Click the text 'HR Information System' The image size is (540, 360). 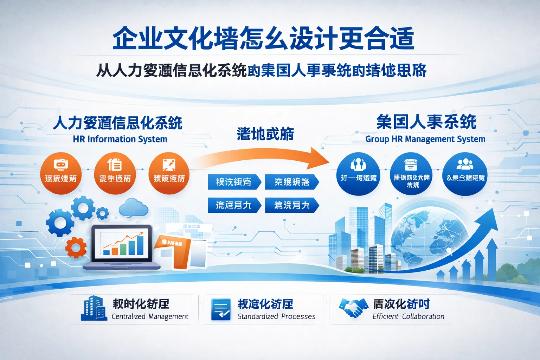pos(120,139)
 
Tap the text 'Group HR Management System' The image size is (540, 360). pos(425,139)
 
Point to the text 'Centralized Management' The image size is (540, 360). pos(150,316)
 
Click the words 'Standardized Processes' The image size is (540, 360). pos(276,316)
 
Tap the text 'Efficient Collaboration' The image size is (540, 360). pos(408,316)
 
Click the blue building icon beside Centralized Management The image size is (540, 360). pos(94,308)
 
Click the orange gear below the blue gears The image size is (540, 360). pos(76,247)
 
